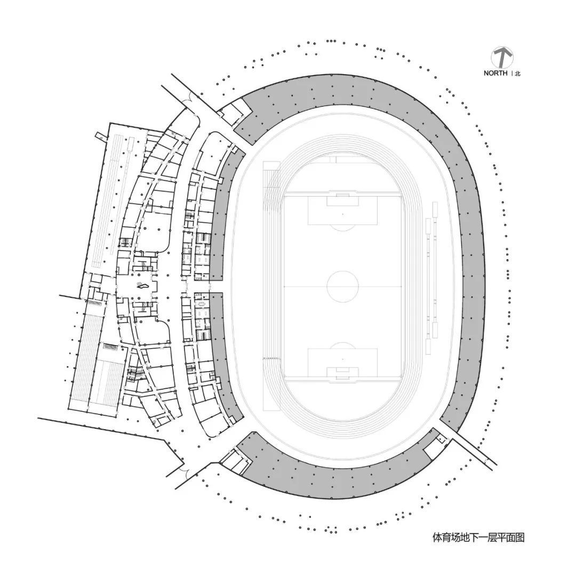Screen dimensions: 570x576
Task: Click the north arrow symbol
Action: pos(502,57)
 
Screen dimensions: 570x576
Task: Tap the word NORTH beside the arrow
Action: pos(495,74)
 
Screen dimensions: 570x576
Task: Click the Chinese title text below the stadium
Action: pos(478,537)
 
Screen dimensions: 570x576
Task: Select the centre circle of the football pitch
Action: pos(342,286)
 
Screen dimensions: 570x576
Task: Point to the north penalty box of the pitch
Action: pos(342,212)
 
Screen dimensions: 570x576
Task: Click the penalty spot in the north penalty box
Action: pos(342,214)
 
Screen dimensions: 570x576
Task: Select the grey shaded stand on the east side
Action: pos(471,267)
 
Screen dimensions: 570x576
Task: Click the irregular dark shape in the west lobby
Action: pos(142,286)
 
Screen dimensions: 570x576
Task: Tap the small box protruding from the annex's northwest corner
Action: pos(100,137)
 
